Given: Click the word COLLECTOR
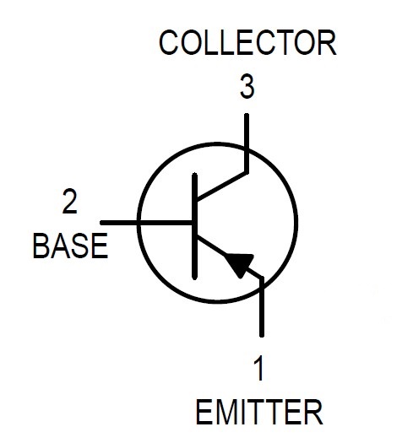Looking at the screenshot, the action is [x=247, y=43].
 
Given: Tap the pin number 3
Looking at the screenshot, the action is [x=247, y=86].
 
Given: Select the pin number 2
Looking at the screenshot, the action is [x=69, y=201].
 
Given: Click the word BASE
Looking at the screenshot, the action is [x=70, y=246].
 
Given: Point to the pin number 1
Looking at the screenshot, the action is [x=258, y=368].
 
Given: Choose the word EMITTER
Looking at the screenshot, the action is [x=259, y=412].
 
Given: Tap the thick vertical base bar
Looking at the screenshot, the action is [x=194, y=226].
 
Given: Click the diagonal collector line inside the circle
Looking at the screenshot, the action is [x=222, y=186].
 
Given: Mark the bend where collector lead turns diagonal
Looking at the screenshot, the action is [x=247, y=172].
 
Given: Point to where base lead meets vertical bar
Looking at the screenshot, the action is [x=193, y=223].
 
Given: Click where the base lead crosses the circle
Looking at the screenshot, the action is [x=139, y=223].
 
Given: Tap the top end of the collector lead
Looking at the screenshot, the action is [x=247, y=115].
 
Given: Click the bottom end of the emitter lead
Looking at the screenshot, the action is [x=262, y=336].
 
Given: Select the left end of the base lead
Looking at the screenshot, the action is [x=102, y=223].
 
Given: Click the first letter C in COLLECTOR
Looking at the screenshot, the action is [x=168, y=43].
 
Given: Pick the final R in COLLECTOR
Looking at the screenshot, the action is [x=328, y=43].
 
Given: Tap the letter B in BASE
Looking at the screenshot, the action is [x=41, y=246].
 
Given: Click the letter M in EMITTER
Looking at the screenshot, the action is [x=226, y=412].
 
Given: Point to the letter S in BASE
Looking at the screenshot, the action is [x=79, y=246].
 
